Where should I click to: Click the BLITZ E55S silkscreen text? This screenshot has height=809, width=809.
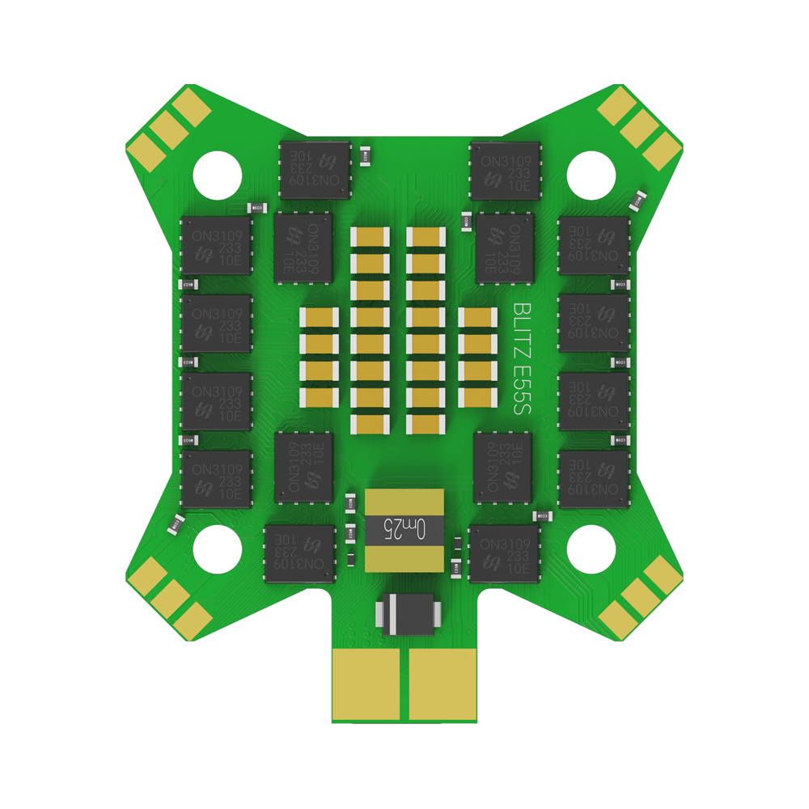coord(522,360)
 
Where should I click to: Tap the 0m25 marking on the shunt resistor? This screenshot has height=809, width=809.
coord(404,530)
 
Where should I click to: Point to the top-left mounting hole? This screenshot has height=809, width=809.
coord(218,172)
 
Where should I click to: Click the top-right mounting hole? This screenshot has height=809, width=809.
coord(591,172)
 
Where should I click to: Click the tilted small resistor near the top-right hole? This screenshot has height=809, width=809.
coord(638,198)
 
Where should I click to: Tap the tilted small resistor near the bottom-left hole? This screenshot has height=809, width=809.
coord(176,523)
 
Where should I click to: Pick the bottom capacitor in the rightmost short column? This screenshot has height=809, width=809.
coord(477,396)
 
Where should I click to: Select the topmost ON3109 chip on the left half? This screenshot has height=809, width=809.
coord(316,170)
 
